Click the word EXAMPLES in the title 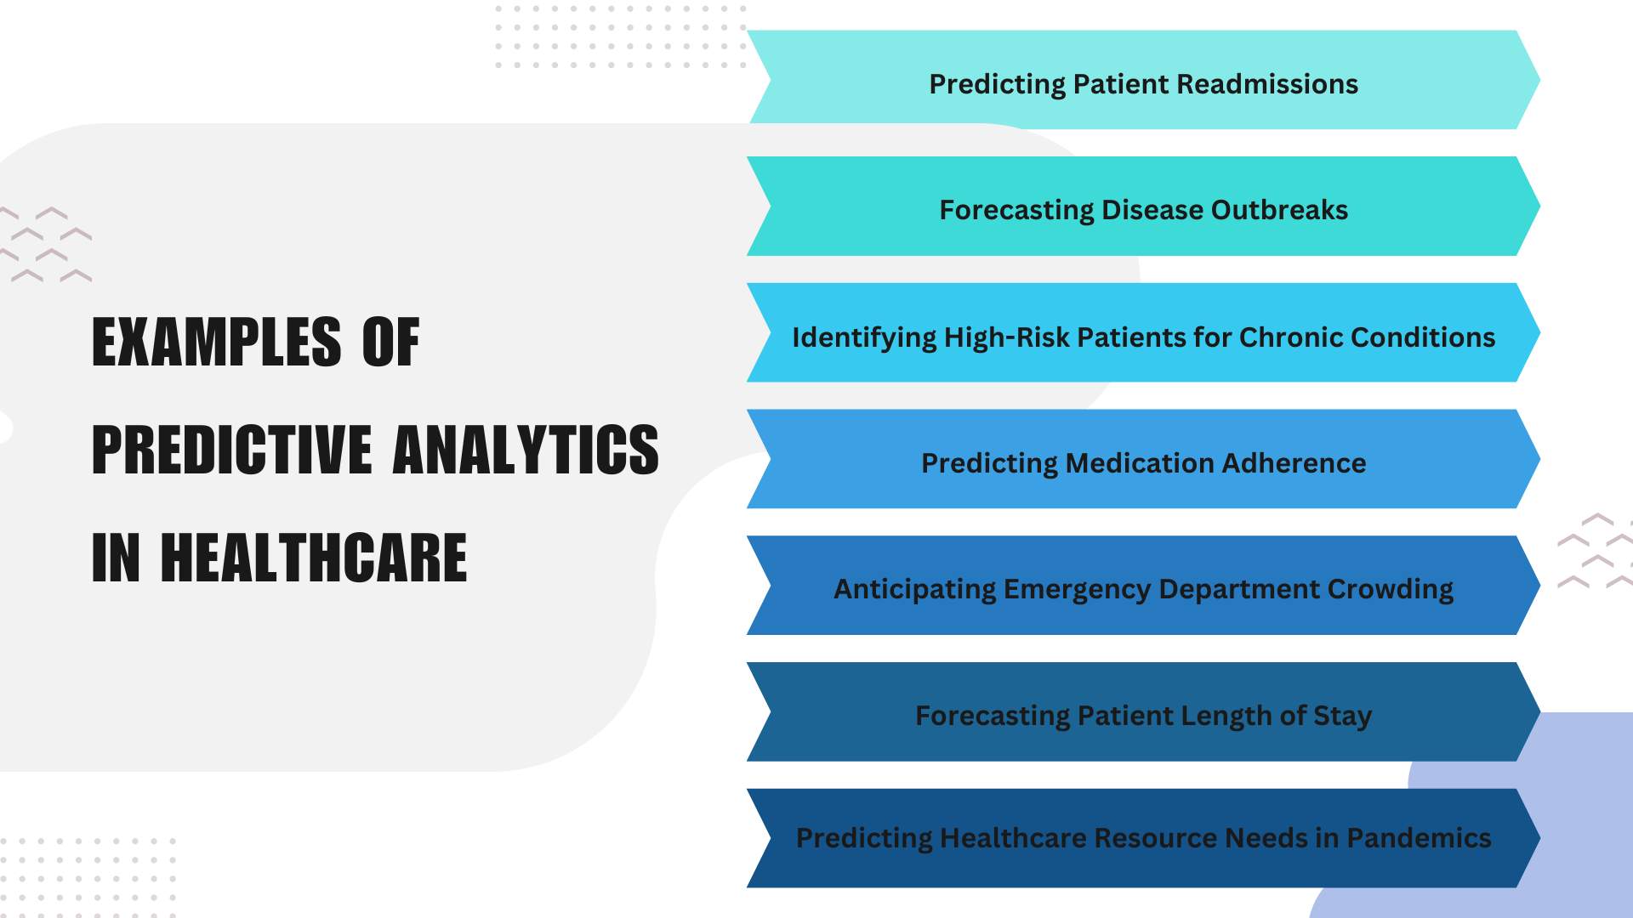pyautogui.click(x=216, y=342)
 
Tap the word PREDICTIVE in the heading pyautogui.click(x=231, y=450)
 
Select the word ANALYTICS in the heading pyautogui.click(x=526, y=450)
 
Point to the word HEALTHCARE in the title pyautogui.click(x=314, y=558)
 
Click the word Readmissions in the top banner pyautogui.click(x=1267, y=84)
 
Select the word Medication pyautogui.click(x=1140, y=463)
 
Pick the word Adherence pyautogui.click(x=1294, y=463)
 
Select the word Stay pyautogui.click(x=1342, y=717)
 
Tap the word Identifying pyautogui.click(x=864, y=338)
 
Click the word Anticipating pyautogui.click(x=914, y=590)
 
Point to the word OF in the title pyautogui.click(x=391, y=342)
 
